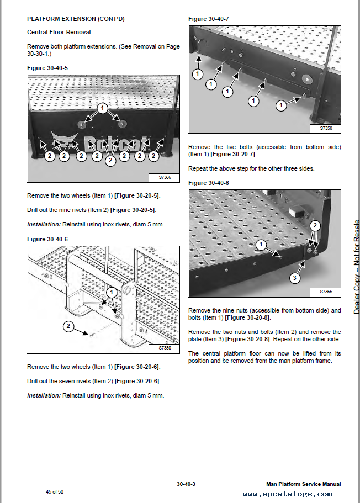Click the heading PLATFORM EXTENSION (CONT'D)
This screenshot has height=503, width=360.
click(76, 19)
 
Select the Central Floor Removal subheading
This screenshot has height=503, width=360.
click(59, 33)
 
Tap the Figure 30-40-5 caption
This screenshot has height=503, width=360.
click(47, 67)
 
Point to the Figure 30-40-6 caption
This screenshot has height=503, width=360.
click(47, 239)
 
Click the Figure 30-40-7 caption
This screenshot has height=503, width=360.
click(209, 19)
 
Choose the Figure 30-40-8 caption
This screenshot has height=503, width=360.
click(209, 182)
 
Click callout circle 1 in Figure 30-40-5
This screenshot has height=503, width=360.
click(102, 108)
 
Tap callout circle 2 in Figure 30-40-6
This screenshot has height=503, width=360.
click(68, 326)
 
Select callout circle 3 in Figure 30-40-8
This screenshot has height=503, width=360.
click(295, 278)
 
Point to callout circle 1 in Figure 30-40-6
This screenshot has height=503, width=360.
click(112, 292)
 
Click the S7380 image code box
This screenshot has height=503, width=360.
click(165, 348)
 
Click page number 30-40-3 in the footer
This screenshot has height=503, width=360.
click(186, 484)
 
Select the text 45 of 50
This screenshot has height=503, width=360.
click(55, 491)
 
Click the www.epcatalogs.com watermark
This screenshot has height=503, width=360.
click(287, 494)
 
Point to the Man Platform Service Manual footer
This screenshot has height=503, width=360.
click(303, 484)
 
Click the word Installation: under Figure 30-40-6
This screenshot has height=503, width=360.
click(44, 395)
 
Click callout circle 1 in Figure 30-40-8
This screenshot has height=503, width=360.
click(261, 243)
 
